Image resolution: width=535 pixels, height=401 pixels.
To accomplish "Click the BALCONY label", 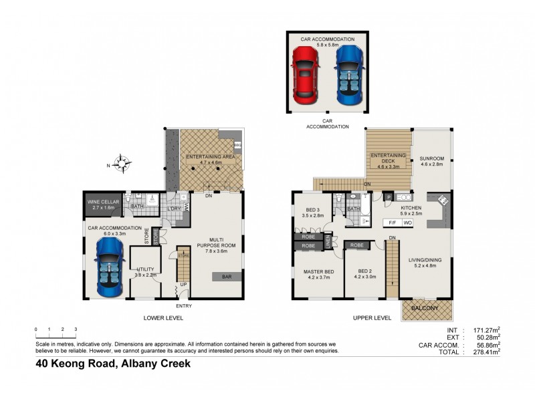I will click(427, 308).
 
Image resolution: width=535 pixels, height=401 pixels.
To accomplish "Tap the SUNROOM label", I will click(431, 159).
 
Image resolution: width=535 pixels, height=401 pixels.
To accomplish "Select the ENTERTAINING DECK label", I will click(389, 158).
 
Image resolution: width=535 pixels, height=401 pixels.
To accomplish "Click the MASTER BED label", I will click(318, 271).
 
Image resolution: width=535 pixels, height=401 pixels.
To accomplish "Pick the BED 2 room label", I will click(365, 271).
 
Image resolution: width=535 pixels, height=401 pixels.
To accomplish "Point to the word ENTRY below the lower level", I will click(183, 306).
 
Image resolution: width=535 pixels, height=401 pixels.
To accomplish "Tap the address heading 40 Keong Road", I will click(114, 364).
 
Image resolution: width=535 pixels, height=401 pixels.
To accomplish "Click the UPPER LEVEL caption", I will click(372, 318).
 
